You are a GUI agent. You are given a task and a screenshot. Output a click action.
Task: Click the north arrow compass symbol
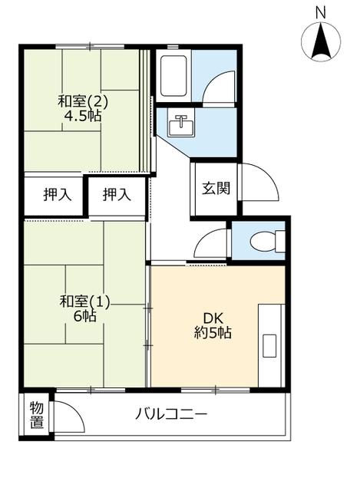tap(321, 42)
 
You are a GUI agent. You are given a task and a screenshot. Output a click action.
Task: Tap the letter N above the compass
tap(321, 13)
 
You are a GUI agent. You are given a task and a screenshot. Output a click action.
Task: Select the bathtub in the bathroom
tap(174, 76)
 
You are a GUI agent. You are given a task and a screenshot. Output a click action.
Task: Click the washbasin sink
tap(181, 122)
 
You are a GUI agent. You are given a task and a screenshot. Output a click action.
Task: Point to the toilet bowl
tap(267, 241)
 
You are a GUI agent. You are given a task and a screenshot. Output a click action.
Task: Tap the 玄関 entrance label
tap(216, 188)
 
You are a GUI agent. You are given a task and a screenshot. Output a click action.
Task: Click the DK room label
tap(213, 318)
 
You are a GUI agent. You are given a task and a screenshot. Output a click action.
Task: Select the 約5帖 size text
tap(213, 332)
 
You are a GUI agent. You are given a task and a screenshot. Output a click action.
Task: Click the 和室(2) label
tap(83, 101)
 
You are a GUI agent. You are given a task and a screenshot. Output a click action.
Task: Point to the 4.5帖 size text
tap(83, 116)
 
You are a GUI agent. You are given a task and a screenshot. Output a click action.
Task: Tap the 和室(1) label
tap(85, 302)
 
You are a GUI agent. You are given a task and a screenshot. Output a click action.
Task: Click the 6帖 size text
tap(85, 316)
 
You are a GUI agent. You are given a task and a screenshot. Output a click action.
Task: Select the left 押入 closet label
tap(58, 195)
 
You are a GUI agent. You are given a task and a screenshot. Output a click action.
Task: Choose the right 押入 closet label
tap(117, 195)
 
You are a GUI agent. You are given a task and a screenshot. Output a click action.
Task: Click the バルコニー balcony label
tap(171, 414)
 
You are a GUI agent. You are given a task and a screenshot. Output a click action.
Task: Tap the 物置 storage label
tap(37, 415)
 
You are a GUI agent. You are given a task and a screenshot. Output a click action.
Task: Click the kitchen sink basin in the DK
tap(269, 346)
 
